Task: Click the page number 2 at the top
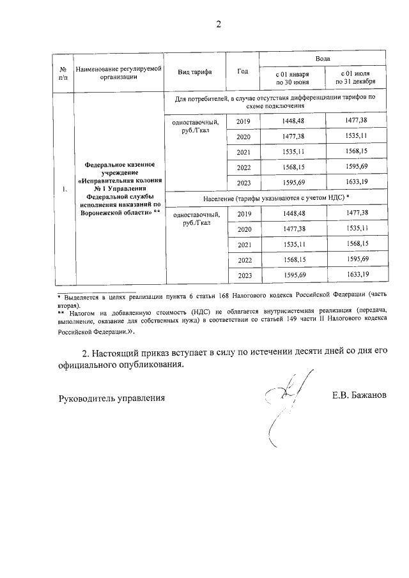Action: [218, 25]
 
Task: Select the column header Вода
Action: [316, 58]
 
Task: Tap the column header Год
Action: [242, 71]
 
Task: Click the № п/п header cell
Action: [63, 72]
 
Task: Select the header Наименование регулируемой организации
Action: [119, 72]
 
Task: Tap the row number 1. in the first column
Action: [63, 190]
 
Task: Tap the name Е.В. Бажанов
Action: [359, 397]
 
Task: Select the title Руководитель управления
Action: [112, 397]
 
